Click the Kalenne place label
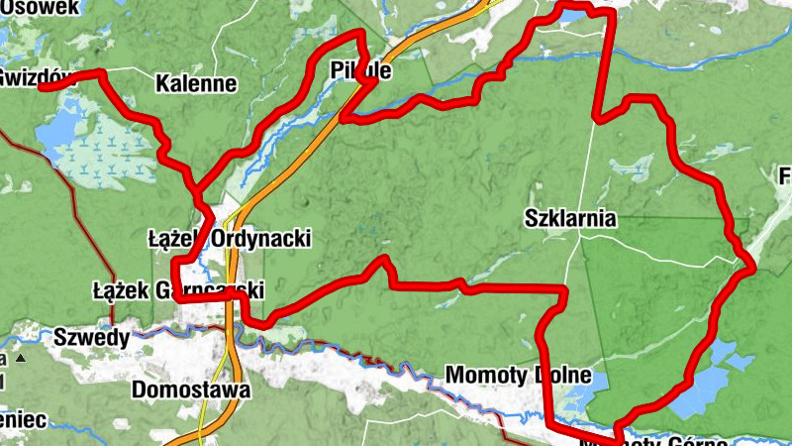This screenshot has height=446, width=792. [x=196, y=83]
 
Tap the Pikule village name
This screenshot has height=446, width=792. [x=358, y=72]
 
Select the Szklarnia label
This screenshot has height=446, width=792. [x=571, y=218]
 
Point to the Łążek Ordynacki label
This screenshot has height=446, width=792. [x=230, y=239]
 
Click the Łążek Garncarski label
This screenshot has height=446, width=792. [x=177, y=291]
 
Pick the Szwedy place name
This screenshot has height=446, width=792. [x=92, y=337]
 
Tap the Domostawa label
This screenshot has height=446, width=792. [x=190, y=390]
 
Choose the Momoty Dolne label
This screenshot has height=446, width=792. [x=519, y=377]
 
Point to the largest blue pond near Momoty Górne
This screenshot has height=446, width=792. [x=708, y=389]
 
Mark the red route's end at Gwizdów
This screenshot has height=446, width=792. [x=42, y=87]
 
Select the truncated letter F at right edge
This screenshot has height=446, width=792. [x=785, y=177]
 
